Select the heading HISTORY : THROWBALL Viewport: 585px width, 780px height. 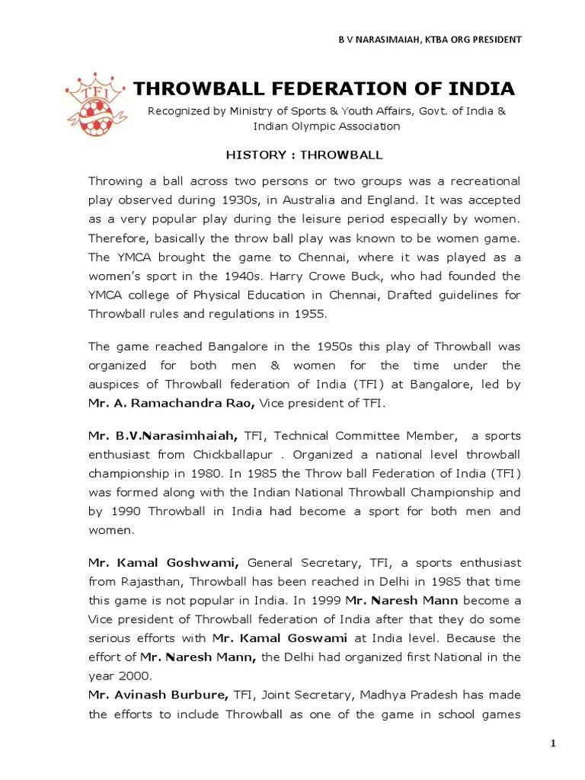304,155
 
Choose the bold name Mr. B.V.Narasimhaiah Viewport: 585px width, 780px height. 163,436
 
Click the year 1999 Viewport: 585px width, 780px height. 337,600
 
